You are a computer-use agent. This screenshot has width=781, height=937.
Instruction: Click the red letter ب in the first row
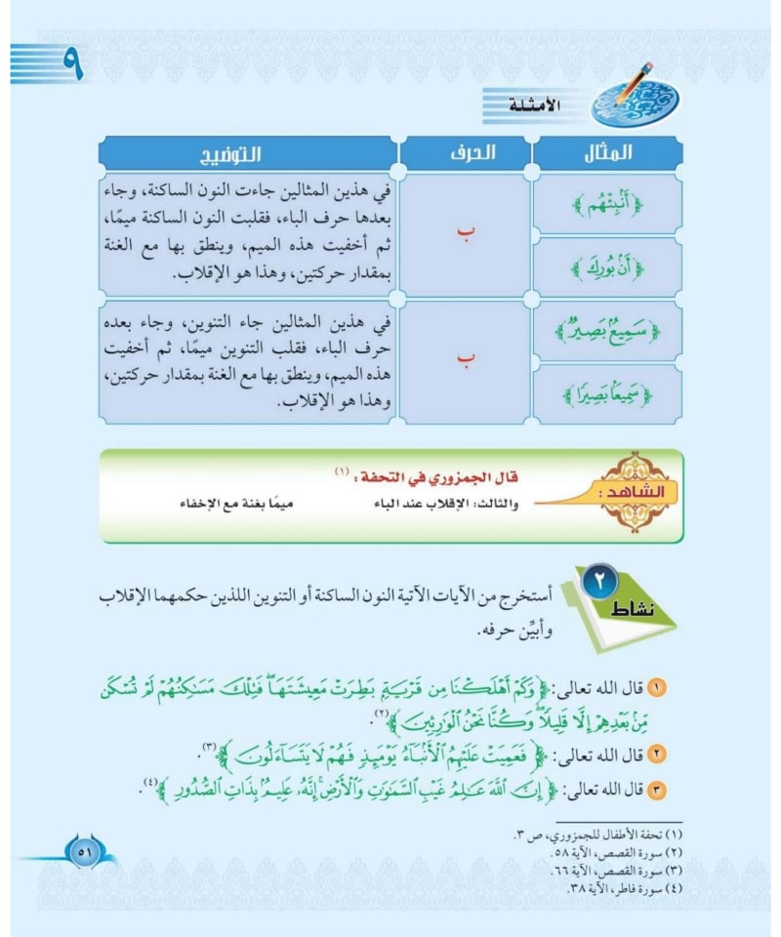coord(466,233)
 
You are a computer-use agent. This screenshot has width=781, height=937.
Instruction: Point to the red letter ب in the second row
coord(466,362)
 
